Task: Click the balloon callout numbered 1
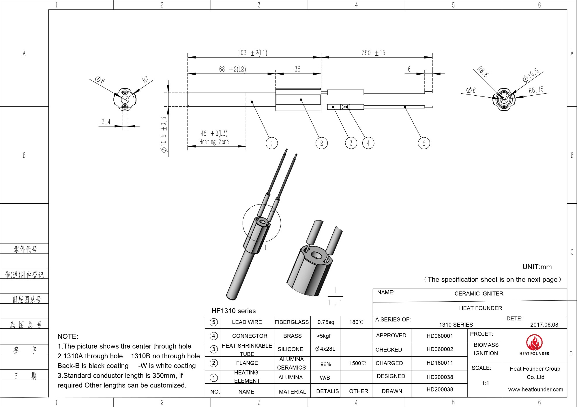point(271,143)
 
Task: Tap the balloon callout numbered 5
point(424,143)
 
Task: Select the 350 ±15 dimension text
point(373,53)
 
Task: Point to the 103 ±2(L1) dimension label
point(252,53)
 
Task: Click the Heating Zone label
point(214,142)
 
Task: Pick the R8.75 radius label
point(536,90)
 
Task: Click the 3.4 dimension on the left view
point(106,122)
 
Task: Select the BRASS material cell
point(292,336)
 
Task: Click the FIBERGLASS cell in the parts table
point(292,322)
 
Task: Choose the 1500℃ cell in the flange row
point(357,363)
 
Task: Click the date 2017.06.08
point(544,325)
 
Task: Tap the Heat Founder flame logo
point(534,343)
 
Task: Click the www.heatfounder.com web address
point(535,389)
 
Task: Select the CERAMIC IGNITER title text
point(479,294)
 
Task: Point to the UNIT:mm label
point(537,267)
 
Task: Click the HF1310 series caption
point(233,311)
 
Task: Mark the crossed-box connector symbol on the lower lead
point(345,107)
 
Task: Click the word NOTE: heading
point(68,336)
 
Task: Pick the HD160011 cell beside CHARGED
point(440,363)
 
